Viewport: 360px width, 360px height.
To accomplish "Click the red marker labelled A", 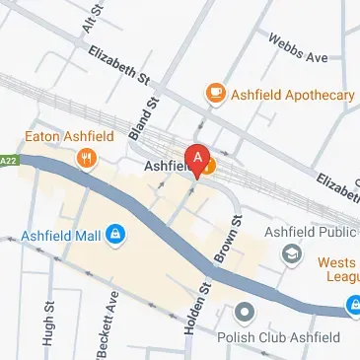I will pyautogui.click(x=198, y=159).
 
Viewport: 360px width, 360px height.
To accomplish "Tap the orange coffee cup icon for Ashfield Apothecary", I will pyautogui.click(x=214, y=94).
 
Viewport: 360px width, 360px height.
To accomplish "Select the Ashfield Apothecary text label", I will pyautogui.click(x=293, y=95).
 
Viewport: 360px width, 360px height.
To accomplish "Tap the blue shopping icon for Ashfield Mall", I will pyautogui.click(x=115, y=235).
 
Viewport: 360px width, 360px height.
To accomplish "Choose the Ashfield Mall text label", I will pyautogui.click(x=60, y=236).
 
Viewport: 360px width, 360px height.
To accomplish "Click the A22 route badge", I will pyautogui.click(x=7, y=159).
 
